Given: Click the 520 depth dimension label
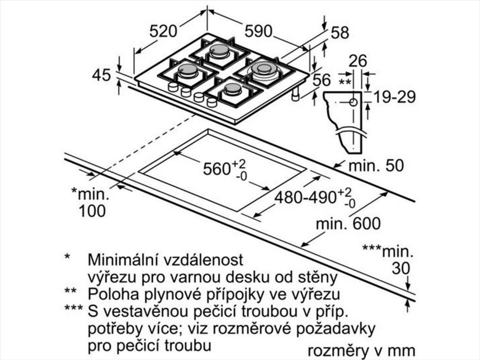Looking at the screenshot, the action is pyautogui.click(x=163, y=31).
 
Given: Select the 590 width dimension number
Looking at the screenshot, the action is pyautogui.click(x=258, y=31).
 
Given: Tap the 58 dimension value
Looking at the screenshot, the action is pyautogui.click(x=339, y=33).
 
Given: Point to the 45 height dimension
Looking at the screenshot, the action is pyautogui.click(x=101, y=75).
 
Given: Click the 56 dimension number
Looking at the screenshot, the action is pyautogui.click(x=322, y=80).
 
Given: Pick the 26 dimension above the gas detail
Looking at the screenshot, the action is pyautogui.click(x=357, y=61).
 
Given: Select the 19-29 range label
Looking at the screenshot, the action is pyautogui.click(x=395, y=97).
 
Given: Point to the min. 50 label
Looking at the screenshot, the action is pyautogui.click(x=376, y=165).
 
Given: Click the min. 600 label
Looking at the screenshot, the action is pyautogui.click(x=349, y=224).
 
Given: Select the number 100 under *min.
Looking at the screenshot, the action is pyautogui.click(x=92, y=211).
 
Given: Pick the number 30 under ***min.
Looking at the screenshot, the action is pyautogui.click(x=400, y=268).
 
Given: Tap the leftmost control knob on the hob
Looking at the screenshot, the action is pyautogui.click(x=173, y=87).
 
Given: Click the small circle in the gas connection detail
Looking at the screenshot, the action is pyautogui.click(x=353, y=102).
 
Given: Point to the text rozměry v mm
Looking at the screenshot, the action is pyautogui.click(x=361, y=350).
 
